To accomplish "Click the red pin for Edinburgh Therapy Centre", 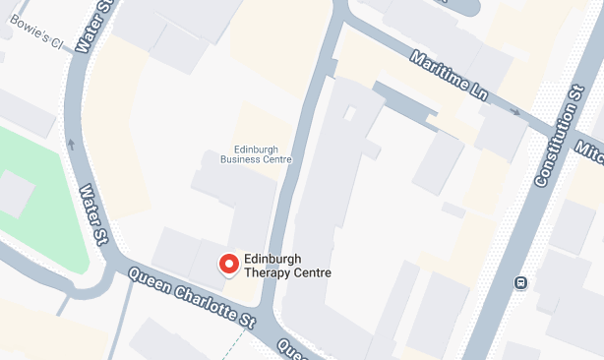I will tap(228, 264).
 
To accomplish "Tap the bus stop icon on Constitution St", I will tap(520, 283).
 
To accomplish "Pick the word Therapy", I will tap(269, 273).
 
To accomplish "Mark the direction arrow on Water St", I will tap(70, 144).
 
